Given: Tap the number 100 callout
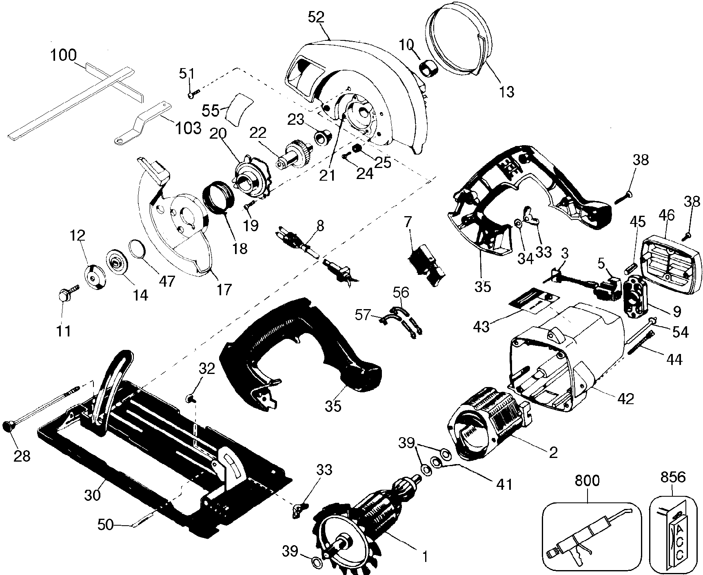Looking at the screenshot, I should click(x=64, y=55).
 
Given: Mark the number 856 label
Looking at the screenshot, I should click(x=673, y=477).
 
